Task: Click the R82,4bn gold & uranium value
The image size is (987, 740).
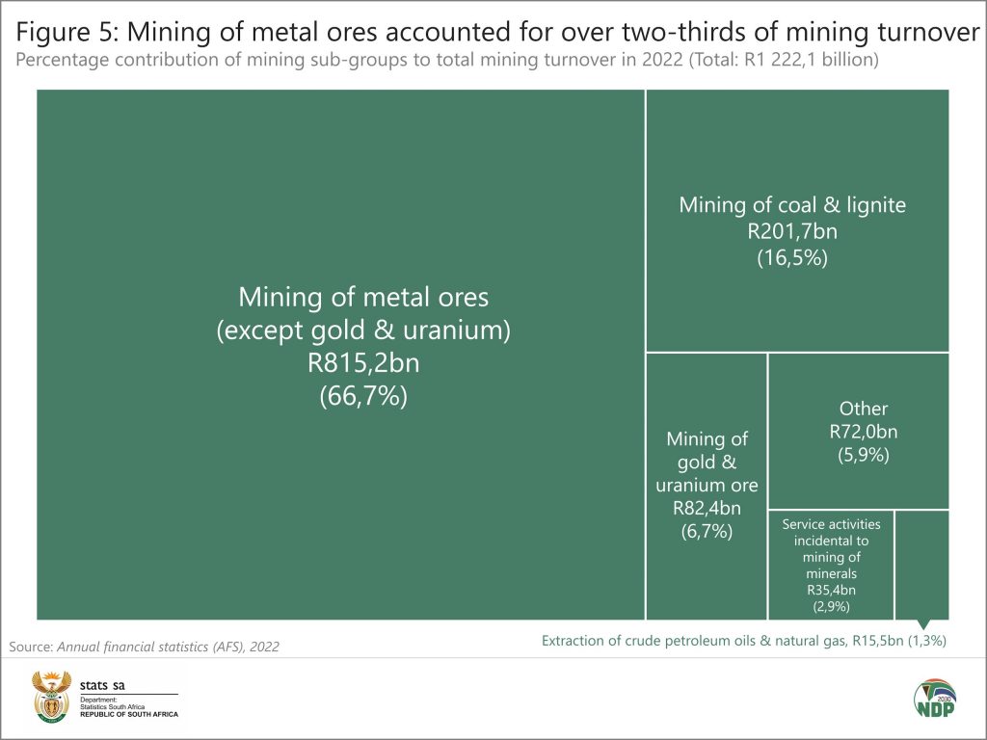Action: (x=707, y=508)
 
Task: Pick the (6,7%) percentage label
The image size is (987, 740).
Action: (x=707, y=531)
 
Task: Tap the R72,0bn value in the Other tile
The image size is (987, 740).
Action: (x=863, y=432)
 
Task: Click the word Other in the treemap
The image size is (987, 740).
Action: (x=863, y=409)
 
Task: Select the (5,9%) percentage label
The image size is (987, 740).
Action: (x=863, y=455)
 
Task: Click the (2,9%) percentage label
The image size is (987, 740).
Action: (x=831, y=606)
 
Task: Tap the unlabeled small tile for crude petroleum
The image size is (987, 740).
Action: (x=921, y=564)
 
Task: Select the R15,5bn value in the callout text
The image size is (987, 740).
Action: (x=873, y=641)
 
